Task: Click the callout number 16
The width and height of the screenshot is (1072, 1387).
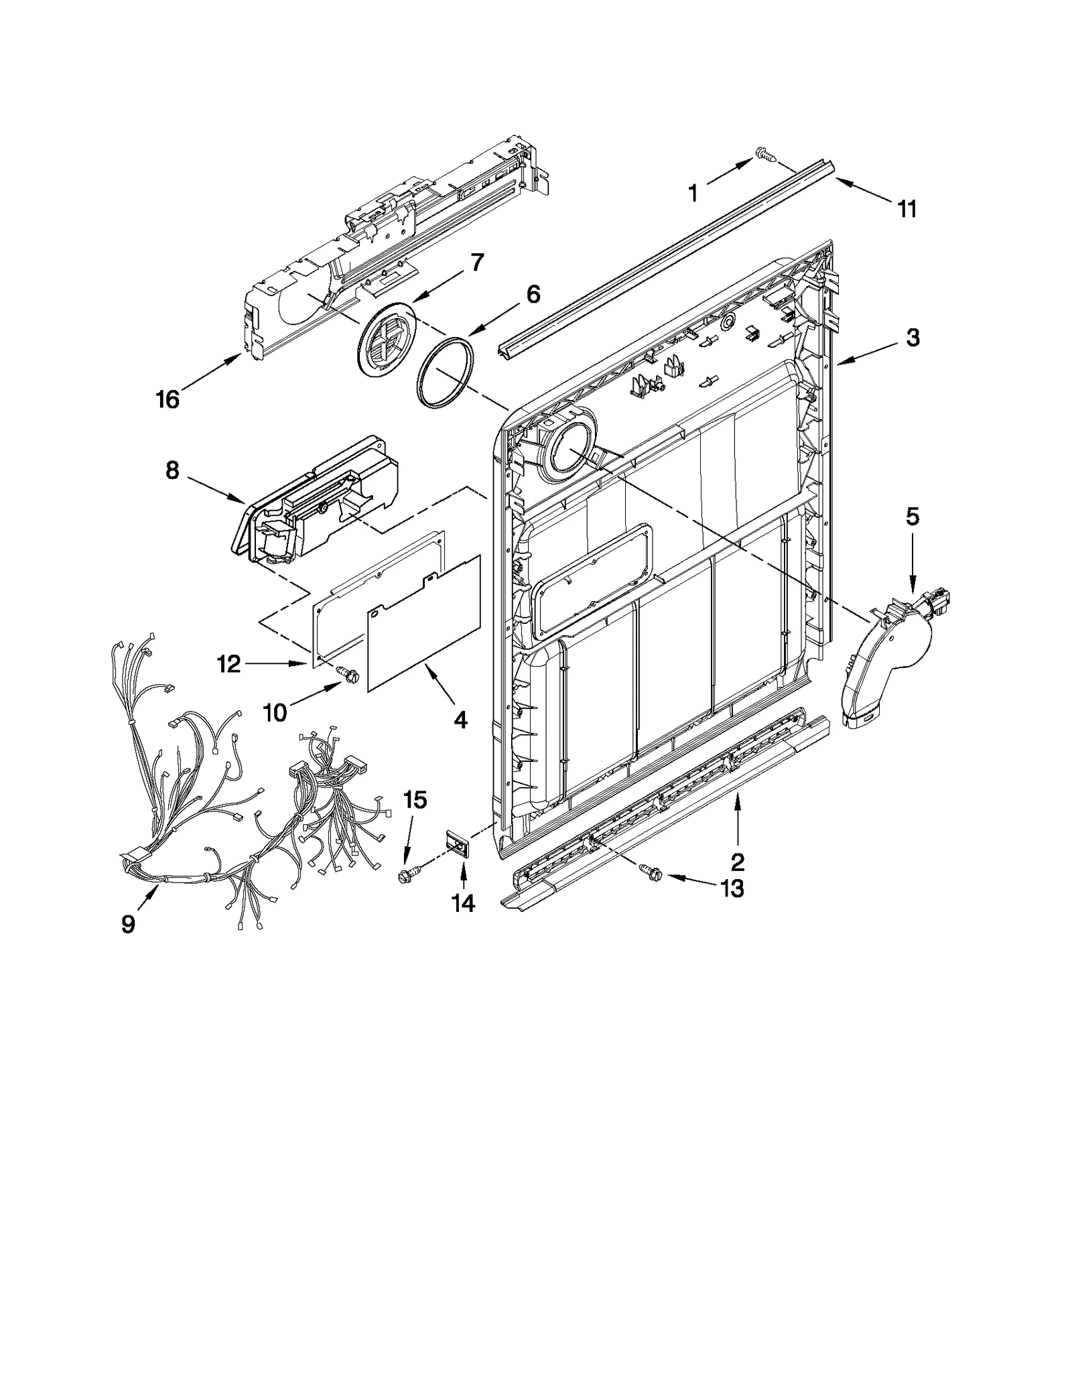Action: pyautogui.click(x=167, y=399)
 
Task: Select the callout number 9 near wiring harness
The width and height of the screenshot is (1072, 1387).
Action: pyautogui.click(x=128, y=924)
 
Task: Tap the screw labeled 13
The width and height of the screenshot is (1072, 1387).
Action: pyautogui.click(x=651, y=872)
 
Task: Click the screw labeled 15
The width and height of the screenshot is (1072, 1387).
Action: pyautogui.click(x=407, y=874)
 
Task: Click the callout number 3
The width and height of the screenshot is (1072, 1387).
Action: pyautogui.click(x=913, y=338)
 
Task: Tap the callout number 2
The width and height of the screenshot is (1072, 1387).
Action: pyautogui.click(x=737, y=861)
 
